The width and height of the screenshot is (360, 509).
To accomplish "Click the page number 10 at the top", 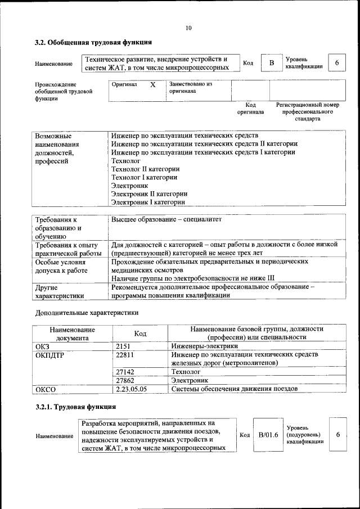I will (x=188, y=28).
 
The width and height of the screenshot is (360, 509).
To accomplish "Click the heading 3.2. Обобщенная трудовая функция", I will (x=93, y=42).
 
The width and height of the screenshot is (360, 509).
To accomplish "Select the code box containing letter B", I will (x=271, y=63).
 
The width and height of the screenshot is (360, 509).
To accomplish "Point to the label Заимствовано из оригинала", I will (x=190, y=87).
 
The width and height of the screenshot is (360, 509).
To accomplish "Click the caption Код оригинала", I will (x=250, y=108).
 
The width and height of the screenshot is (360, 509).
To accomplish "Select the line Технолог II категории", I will (x=145, y=169).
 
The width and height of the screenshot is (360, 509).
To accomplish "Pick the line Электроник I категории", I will (x=147, y=202).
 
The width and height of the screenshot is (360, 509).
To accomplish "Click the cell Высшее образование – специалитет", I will (x=166, y=219).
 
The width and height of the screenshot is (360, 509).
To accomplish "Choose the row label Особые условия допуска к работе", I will (x=61, y=269).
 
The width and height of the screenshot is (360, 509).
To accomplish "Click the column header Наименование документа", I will (x=72, y=334).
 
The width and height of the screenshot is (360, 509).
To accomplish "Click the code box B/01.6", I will (x=268, y=435).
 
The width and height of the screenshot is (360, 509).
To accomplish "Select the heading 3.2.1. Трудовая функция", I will (x=75, y=407).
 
